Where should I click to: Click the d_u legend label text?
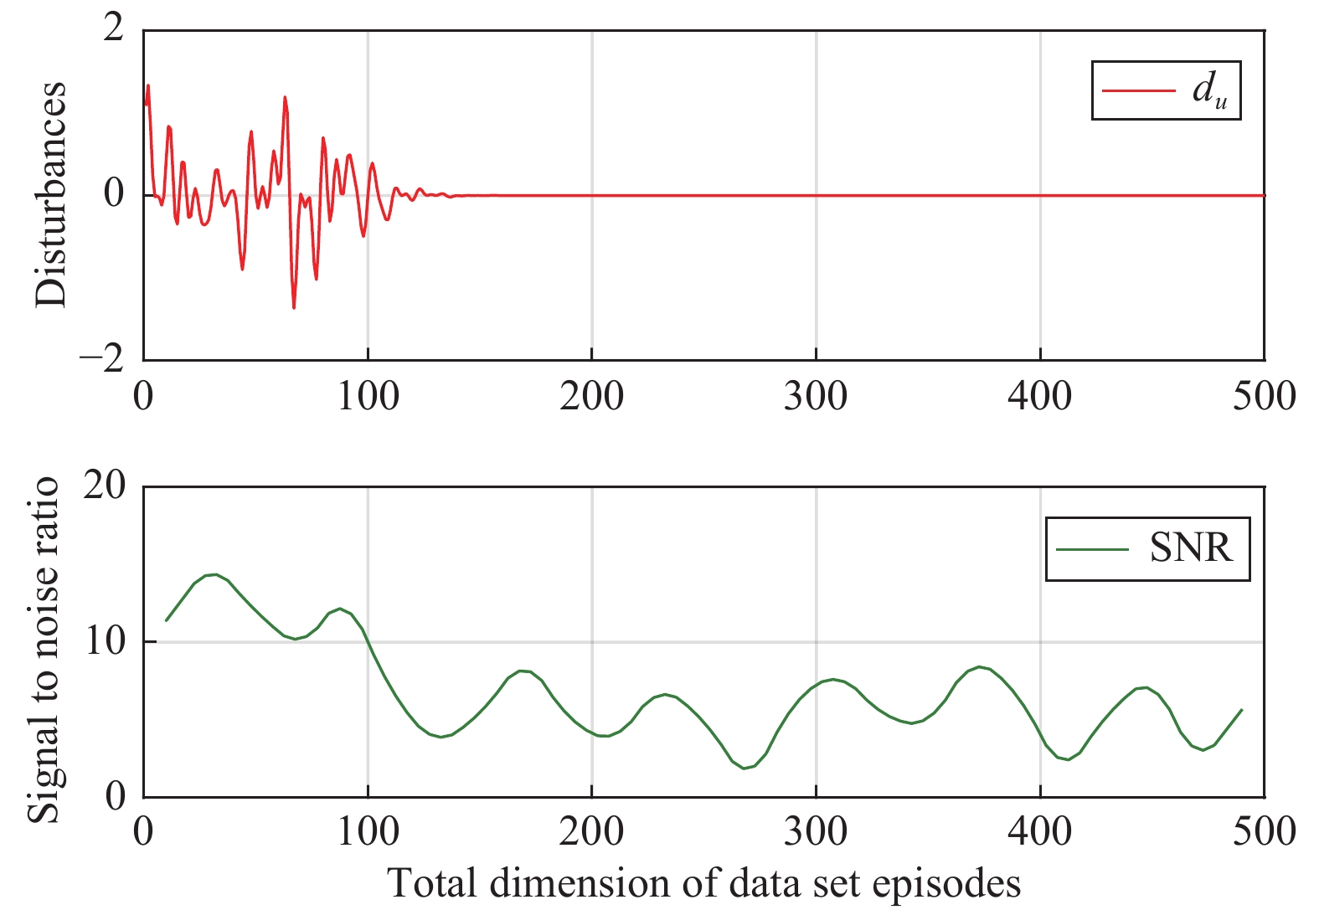point(1209,90)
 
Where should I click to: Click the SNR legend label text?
point(1191,549)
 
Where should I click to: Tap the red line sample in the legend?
point(1138,90)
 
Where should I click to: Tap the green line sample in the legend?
point(1092,549)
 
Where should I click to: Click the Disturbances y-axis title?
point(50,194)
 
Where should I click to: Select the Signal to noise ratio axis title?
point(44,650)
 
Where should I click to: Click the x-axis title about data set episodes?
point(703,884)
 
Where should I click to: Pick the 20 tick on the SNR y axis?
point(104,486)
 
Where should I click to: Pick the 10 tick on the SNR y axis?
point(104,641)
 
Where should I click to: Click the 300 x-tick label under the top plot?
point(815,397)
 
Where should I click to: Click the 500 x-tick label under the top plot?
point(1264,397)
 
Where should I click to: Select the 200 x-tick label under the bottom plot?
point(591,831)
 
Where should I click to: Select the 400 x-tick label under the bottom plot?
point(1039,831)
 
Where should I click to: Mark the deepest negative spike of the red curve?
point(294,307)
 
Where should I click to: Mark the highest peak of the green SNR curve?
point(215,574)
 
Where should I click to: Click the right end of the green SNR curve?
point(1242,710)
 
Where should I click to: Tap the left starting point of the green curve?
point(166,620)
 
